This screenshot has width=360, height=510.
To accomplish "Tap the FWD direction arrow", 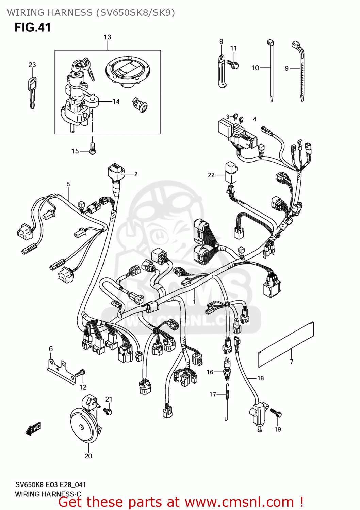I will click(33, 429).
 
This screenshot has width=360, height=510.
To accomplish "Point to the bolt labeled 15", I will click(92, 148).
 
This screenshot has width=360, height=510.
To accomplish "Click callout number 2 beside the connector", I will click(136, 174).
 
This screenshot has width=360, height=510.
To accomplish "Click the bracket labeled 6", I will click(61, 371).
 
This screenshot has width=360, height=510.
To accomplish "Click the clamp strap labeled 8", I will click(222, 72).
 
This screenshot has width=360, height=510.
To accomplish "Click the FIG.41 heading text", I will click(33, 27).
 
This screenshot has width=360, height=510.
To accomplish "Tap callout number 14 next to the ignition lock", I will click(116, 102).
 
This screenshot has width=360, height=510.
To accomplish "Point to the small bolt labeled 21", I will click(108, 411).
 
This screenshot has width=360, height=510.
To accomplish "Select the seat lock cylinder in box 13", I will click(141, 105).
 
